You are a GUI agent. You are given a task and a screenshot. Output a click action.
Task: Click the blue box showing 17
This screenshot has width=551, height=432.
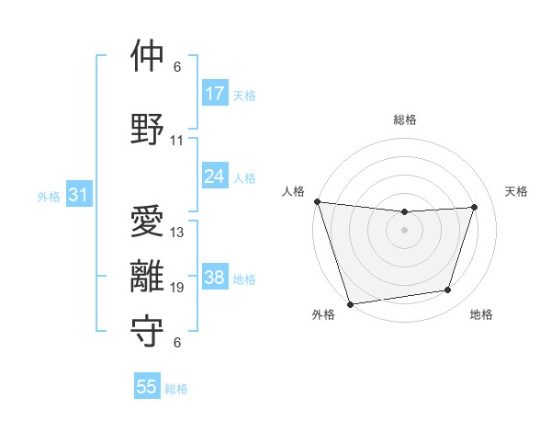(214, 94)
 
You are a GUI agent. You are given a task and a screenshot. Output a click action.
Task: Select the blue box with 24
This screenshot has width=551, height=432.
(214, 176)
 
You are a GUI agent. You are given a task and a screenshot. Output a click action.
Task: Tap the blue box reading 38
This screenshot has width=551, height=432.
(214, 278)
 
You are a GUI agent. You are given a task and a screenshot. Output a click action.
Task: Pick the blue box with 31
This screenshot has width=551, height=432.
(78, 195)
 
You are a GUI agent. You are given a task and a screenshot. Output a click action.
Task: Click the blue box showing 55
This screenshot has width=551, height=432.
(147, 387)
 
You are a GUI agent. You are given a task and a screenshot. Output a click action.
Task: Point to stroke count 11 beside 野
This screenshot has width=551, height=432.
(177, 141)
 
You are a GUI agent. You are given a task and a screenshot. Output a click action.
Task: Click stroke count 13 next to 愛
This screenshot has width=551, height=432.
(177, 233)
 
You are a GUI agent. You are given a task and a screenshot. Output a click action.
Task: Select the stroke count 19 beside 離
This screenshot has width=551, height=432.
(177, 288)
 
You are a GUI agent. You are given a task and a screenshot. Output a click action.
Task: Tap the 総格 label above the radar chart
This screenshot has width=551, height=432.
(404, 119)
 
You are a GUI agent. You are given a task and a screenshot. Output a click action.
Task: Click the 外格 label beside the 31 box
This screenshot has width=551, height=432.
(49, 196)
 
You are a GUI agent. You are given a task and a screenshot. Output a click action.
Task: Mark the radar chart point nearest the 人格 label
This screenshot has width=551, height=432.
(317, 201)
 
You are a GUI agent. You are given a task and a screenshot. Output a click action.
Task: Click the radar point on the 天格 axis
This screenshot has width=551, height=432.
(475, 207)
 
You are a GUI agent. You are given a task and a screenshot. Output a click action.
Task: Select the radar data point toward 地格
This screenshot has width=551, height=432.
(448, 290)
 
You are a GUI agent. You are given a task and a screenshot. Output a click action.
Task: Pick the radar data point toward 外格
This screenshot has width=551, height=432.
(350, 303)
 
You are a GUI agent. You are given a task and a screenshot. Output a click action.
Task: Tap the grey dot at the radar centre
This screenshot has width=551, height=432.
(404, 230)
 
